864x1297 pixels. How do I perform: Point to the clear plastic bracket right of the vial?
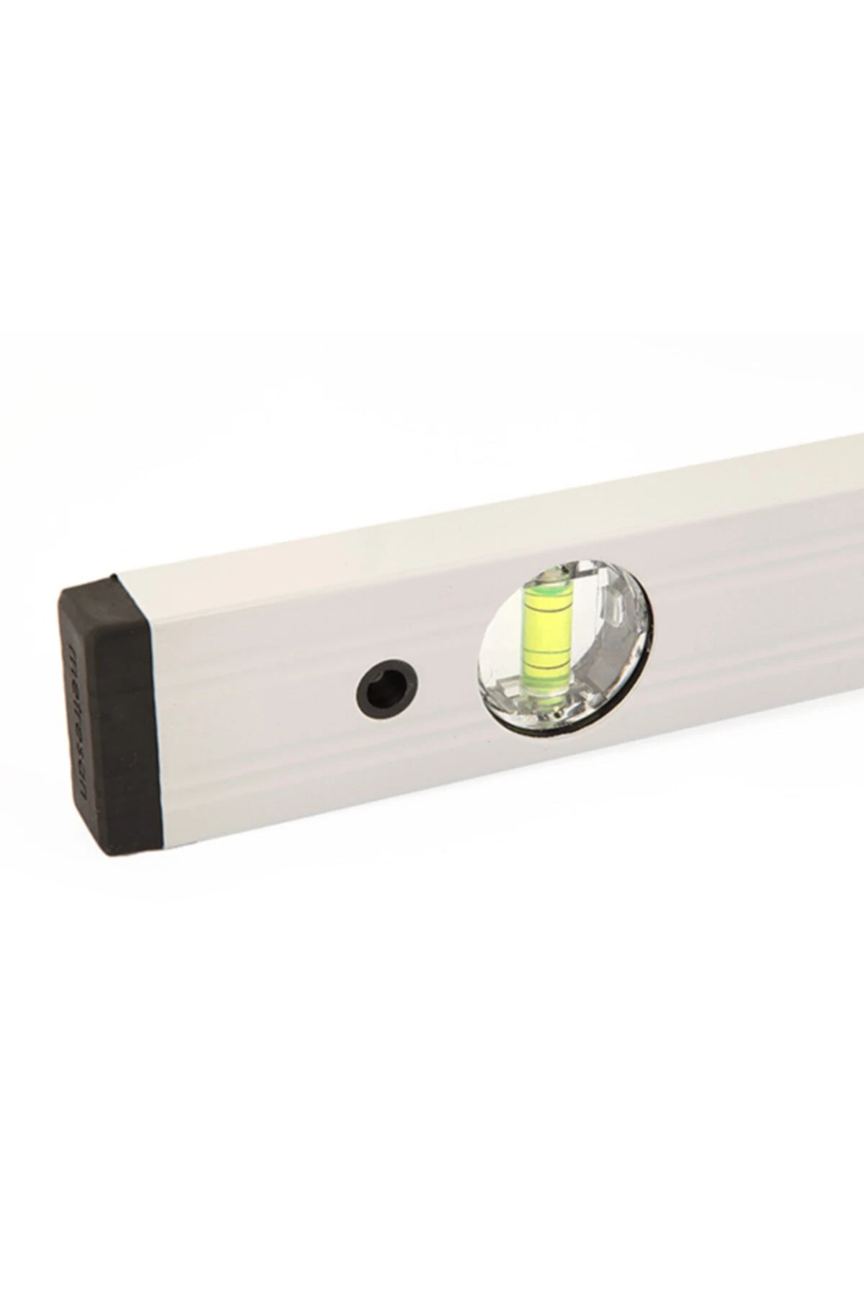[x=612, y=605]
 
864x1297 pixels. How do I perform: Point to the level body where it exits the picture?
[x=853, y=519]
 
